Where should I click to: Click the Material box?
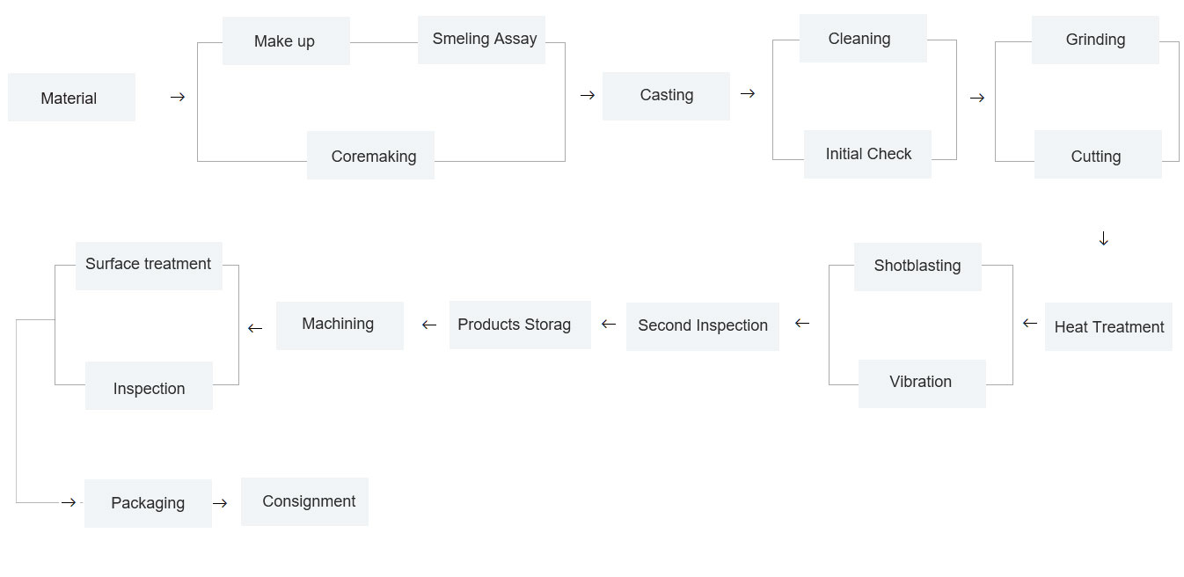tap(71, 98)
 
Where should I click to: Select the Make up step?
tap(286, 40)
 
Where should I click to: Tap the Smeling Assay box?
tap(481, 40)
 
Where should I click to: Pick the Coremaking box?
tap(370, 156)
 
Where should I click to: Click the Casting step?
tap(666, 96)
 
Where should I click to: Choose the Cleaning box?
tap(863, 39)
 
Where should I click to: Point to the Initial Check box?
tap(867, 154)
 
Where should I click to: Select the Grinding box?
tap(1095, 40)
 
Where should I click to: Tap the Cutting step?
tap(1098, 154)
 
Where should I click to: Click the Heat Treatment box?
tap(1108, 326)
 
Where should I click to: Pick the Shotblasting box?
tap(917, 267)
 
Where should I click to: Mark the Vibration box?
tap(922, 383)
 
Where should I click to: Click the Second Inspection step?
tap(703, 326)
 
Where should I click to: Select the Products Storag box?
tap(520, 325)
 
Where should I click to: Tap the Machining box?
tap(340, 325)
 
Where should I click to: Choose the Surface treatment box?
tap(149, 266)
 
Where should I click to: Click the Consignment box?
tap(304, 501)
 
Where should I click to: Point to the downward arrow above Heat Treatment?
tap(1104, 238)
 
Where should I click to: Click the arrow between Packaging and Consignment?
tap(220, 503)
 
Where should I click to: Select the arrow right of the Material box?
tap(178, 98)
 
